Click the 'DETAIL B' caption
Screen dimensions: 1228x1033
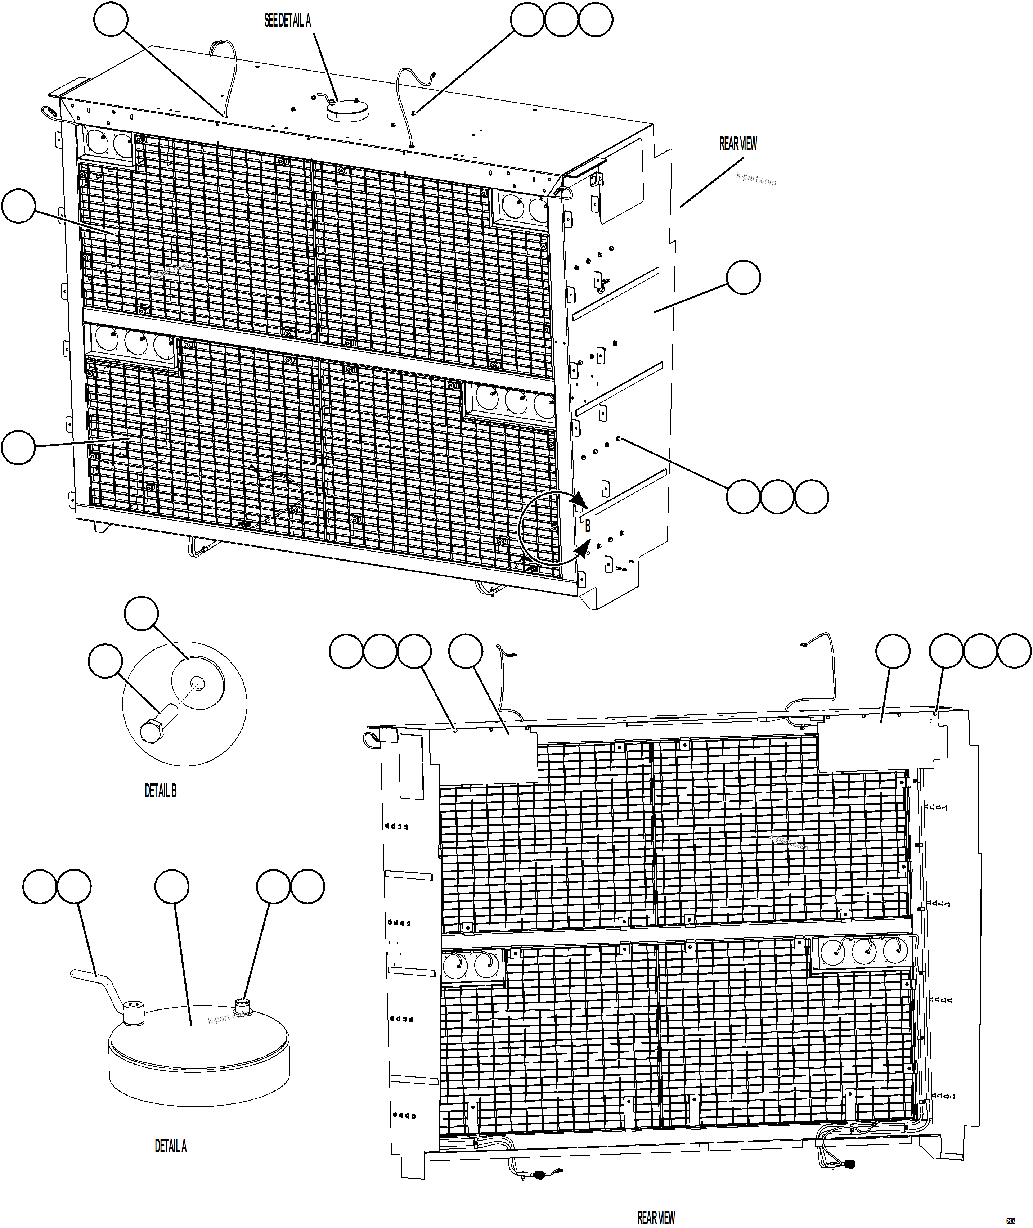click(161, 791)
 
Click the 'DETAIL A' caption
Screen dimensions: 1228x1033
click(170, 1146)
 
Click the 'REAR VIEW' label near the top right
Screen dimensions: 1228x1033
click(738, 144)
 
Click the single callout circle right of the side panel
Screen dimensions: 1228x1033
click(743, 278)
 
